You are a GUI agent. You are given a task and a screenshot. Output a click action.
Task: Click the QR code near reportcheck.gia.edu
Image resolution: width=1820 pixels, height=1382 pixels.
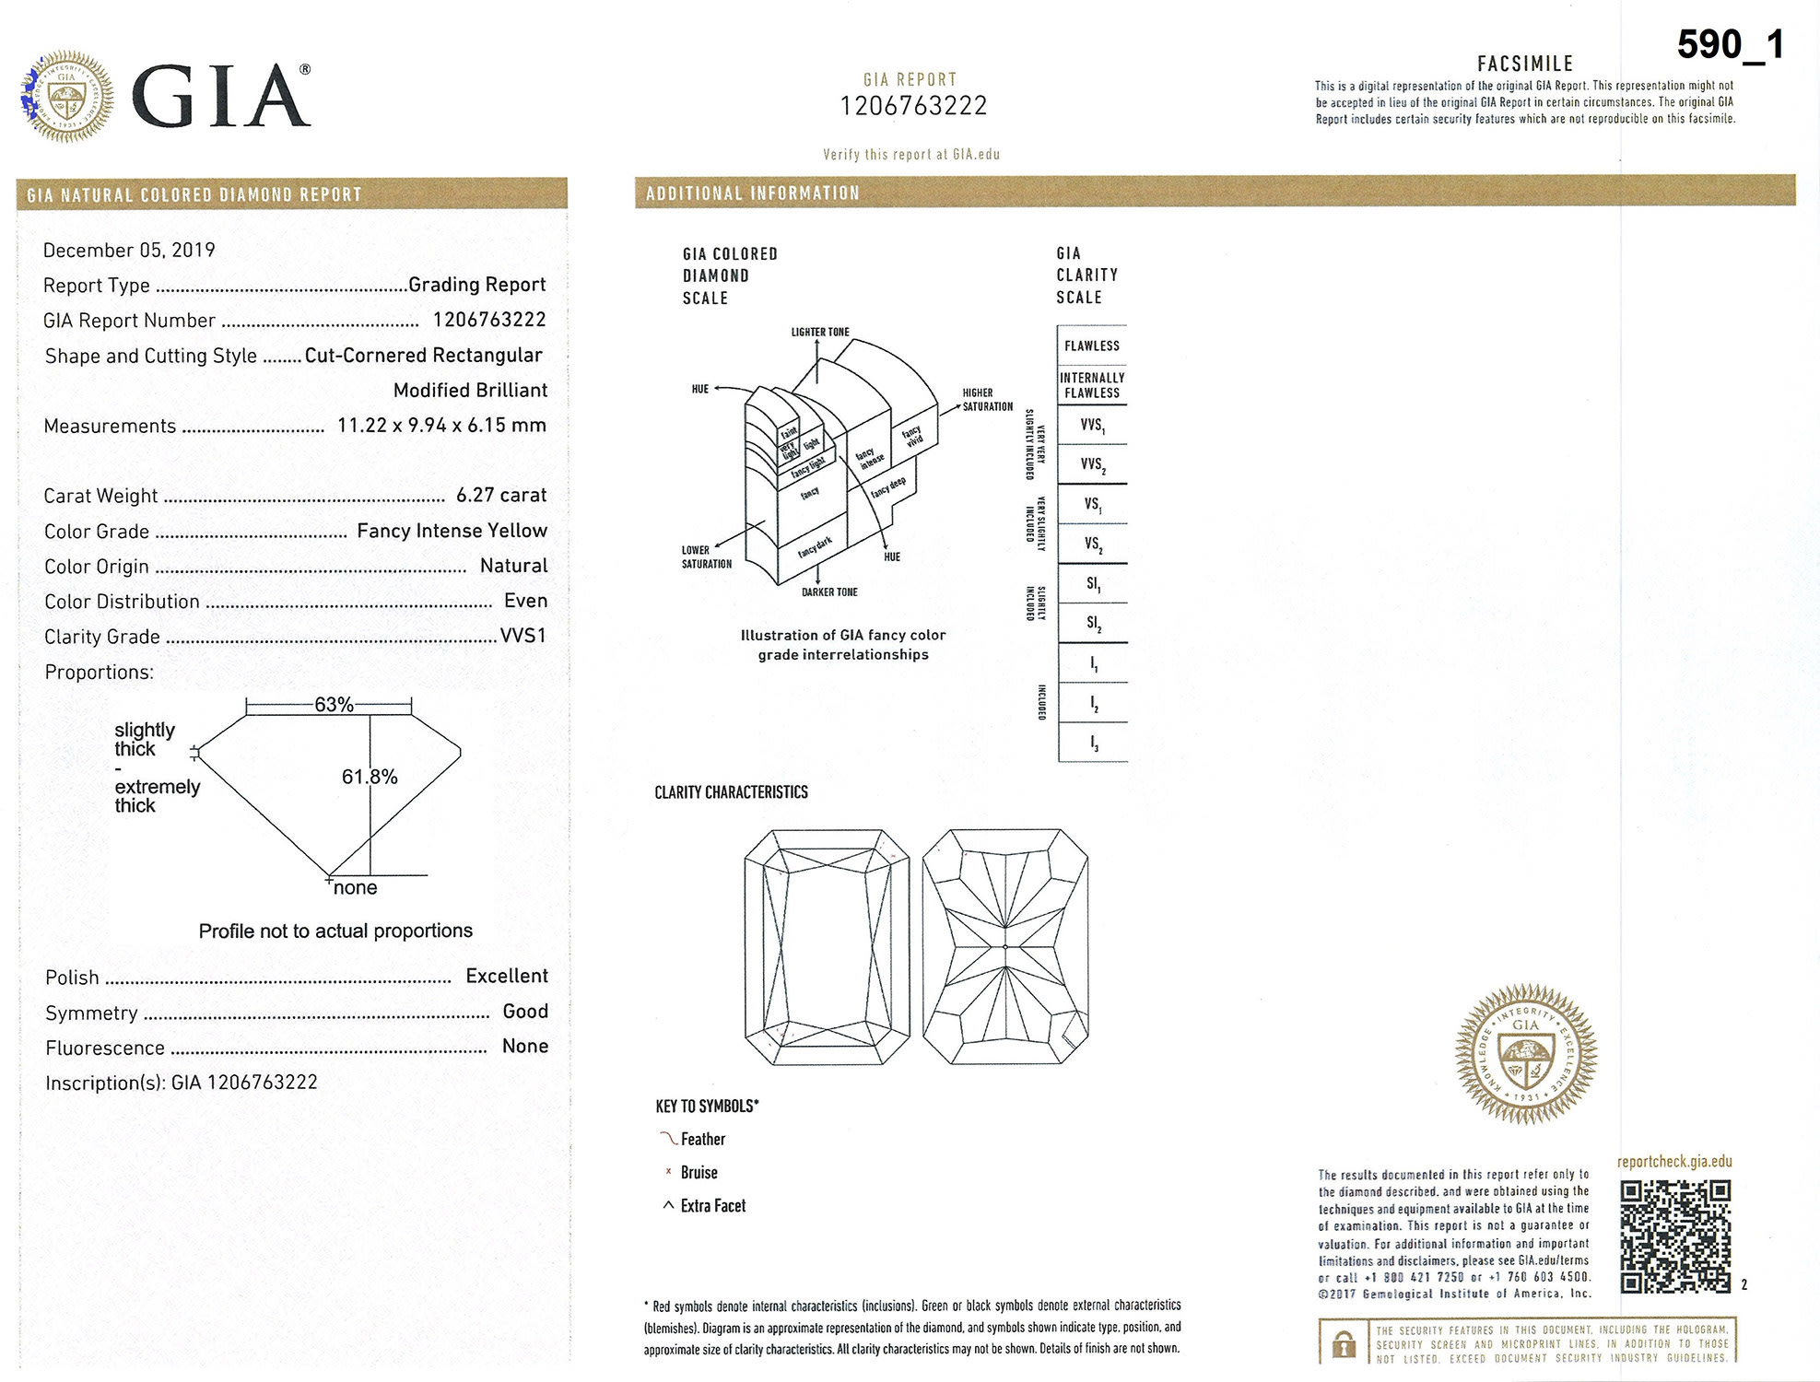point(1675,1236)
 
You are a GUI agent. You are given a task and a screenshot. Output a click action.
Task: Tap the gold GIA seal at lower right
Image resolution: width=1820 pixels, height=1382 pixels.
point(1525,1053)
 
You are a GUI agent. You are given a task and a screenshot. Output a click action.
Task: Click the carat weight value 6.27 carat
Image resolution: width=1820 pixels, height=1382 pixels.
point(500,495)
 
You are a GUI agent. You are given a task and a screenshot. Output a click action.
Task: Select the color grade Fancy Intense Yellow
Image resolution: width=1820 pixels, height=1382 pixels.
point(452,531)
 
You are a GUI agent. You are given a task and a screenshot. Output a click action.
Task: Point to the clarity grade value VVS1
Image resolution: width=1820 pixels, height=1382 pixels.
point(523,636)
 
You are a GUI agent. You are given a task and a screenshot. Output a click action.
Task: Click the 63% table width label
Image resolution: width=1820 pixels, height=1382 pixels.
point(334,705)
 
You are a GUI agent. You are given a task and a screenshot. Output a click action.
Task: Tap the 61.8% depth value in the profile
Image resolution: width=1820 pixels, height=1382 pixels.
point(370,777)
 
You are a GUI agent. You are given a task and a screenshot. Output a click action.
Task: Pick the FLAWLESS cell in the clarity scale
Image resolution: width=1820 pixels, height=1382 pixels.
point(1092,345)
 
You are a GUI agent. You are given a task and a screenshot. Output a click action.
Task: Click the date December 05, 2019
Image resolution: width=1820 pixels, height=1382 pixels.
point(129,251)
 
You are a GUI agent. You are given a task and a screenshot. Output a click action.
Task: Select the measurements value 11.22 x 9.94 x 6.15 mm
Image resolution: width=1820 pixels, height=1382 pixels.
point(441,425)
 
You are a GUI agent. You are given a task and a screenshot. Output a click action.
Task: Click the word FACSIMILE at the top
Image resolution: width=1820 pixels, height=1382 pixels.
point(1525,64)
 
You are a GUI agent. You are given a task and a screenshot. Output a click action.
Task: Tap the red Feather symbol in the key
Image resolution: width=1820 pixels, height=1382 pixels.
point(668,1139)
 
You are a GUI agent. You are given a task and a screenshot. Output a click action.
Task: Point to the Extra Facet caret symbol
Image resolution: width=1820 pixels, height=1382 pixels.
point(668,1205)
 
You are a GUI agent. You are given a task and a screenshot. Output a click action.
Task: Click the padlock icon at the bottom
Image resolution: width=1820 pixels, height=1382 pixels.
point(1344,1344)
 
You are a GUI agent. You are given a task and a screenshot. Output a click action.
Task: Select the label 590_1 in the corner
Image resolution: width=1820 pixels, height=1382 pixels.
point(1730,44)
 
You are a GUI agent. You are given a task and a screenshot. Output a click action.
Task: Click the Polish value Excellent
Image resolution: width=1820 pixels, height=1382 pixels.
point(506,976)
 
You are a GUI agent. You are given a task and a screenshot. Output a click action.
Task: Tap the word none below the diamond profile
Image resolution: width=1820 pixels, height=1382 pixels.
point(355,887)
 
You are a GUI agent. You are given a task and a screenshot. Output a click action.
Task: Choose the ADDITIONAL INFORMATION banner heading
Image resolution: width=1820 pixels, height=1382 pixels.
point(752,193)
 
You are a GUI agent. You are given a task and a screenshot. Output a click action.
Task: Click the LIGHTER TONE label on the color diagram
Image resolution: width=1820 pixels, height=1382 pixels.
point(820,332)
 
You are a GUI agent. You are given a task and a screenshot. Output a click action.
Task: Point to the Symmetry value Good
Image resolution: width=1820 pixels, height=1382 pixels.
point(525,1011)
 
